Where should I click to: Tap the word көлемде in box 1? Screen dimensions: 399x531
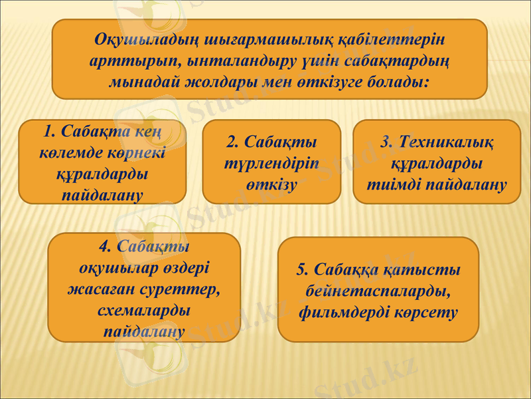[68, 150]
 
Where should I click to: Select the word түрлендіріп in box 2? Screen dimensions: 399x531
[271, 163]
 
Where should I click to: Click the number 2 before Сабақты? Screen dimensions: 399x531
[232, 142]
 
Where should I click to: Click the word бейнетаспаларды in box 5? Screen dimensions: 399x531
[378, 291]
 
